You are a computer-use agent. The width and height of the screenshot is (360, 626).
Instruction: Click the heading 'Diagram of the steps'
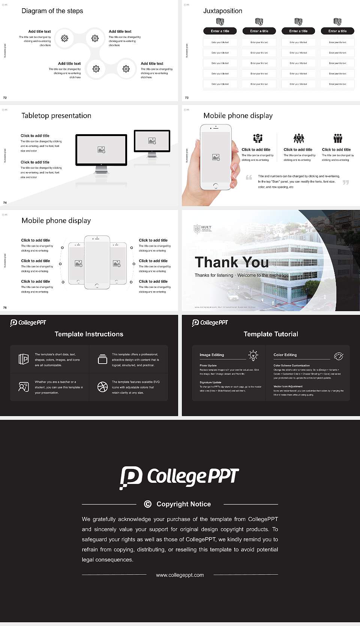[52, 11]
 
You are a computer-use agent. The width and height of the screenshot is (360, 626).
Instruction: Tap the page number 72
[5, 97]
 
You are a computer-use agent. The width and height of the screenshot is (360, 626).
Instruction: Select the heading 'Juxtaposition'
[222, 11]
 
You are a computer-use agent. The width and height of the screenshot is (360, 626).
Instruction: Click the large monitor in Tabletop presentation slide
[101, 150]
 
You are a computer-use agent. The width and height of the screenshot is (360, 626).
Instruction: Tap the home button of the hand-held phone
[215, 186]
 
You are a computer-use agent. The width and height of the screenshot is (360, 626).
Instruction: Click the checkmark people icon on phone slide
[258, 138]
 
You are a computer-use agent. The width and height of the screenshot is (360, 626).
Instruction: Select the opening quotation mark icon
[249, 177]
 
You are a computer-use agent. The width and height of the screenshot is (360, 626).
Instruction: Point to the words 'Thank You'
[231, 262]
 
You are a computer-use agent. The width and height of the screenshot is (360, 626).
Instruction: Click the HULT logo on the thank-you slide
[202, 229]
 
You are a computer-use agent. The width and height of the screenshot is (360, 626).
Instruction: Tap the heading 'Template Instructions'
[89, 334]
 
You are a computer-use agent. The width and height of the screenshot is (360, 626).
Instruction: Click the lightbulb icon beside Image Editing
[253, 355]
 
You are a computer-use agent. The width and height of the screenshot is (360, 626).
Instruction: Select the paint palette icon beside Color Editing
[338, 356]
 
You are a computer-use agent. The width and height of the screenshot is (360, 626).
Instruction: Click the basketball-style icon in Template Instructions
[102, 387]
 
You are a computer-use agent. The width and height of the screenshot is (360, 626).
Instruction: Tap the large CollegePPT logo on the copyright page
[179, 477]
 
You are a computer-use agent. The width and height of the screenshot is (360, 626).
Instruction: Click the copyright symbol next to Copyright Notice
[148, 504]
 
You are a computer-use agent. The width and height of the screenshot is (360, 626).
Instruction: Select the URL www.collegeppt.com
[180, 575]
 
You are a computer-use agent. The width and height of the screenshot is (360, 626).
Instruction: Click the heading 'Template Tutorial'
[271, 334]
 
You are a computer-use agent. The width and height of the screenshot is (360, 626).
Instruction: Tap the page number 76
[5, 307]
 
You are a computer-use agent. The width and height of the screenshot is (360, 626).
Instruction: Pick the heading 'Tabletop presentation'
[56, 116]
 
